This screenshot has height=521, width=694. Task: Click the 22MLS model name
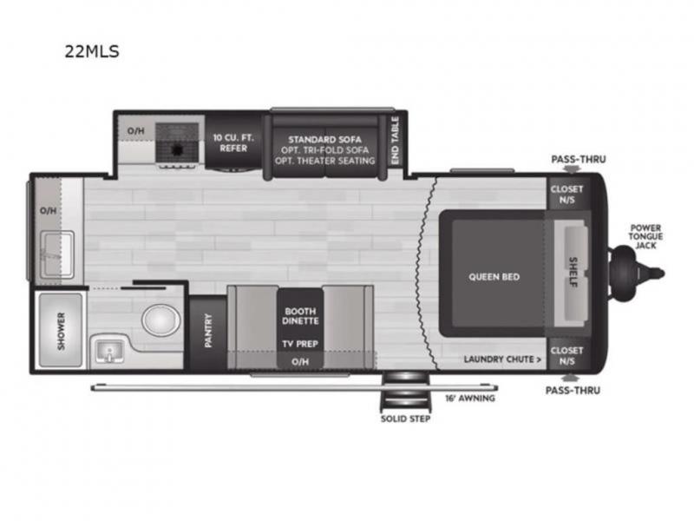click(92, 51)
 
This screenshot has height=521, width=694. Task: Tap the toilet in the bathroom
click(161, 319)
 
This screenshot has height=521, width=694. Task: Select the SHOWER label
click(61, 331)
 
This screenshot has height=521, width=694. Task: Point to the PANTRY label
click(208, 331)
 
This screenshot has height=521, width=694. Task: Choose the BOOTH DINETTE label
click(300, 316)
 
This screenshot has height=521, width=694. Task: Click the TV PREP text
click(300, 344)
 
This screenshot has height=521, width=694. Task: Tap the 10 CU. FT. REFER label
click(233, 142)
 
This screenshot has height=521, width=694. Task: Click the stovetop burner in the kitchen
click(177, 149)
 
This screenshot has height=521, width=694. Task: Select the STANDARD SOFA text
click(324, 139)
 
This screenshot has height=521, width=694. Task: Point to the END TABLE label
click(396, 141)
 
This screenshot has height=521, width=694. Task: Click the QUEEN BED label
click(494, 277)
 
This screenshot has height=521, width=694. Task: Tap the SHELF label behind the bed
click(573, 272)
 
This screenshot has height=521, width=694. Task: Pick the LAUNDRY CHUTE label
click(502, 359)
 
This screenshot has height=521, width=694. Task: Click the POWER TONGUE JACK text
click(645, 236)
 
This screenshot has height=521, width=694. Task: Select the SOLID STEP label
click(405, 419)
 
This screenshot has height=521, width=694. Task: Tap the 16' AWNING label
click(470, 399)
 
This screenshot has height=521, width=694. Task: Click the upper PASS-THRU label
click(579, 159)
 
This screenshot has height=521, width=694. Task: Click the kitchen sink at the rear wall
click(57, 254)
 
